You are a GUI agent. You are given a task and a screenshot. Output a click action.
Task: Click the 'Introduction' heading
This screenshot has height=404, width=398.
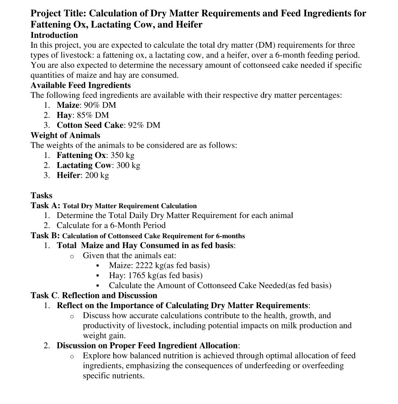click(x=54, y=35)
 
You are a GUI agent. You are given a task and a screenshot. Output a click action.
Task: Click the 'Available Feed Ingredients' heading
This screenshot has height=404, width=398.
click(x=80, y=85)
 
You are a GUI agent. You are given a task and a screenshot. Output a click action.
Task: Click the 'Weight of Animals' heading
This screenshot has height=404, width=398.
click(x=65, y=135)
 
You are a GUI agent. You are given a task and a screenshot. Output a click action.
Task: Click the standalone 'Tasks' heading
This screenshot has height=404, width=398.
click(x=42, y=195)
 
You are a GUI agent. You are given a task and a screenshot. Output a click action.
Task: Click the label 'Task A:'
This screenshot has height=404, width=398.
click(x=45, y=205)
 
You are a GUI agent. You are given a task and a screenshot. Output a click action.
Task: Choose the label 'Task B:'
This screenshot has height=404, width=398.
click(x=45, y=236)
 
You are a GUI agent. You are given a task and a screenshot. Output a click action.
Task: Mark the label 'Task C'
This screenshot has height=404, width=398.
click(x=44, y=295)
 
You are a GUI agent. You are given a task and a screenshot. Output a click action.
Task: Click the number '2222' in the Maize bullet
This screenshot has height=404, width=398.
click(x=144, y=265)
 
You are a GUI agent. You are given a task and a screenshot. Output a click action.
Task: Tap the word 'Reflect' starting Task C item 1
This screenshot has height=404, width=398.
click(x=70, y=306)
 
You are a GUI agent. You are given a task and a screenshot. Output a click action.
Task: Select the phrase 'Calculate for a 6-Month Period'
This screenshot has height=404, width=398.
click(x=111, y=225)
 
